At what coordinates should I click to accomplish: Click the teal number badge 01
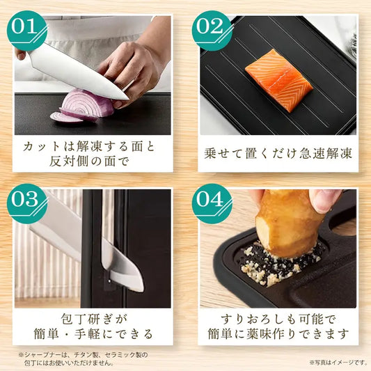tap(26, 31)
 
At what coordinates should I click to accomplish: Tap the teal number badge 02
tap(212, 31)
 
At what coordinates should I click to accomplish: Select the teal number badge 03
tap(26, 203)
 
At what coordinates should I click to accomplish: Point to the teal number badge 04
tap(212, 203)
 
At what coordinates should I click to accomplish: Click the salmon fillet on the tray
tap(278, 81)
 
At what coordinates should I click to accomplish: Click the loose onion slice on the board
tap(67, 118)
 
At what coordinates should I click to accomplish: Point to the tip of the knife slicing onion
tap(128, 100)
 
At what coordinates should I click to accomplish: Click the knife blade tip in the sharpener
tap(142, 289)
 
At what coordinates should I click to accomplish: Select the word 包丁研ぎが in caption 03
tap(94, 319)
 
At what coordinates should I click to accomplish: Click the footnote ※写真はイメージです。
tap(338, 362)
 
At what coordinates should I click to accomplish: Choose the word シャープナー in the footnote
tap(42, 355)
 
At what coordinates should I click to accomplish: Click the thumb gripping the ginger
tap(324, 201)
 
